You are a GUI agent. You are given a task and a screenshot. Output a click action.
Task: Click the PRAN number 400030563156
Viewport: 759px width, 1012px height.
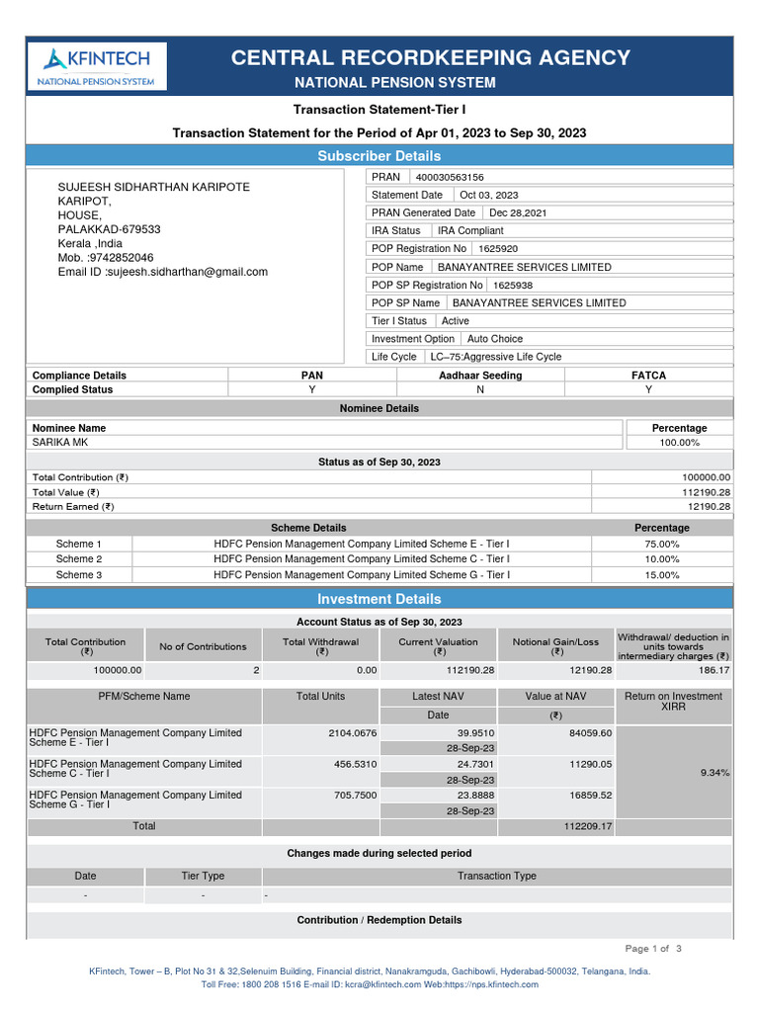tap(450, 177)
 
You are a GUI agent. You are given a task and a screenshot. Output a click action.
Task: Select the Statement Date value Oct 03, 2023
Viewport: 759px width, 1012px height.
tap(488, 195)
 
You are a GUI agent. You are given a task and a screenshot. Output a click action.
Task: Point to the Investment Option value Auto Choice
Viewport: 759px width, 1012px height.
tap(495, 339)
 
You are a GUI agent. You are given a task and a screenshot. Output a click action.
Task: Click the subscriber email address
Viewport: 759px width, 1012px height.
tap(163, 272)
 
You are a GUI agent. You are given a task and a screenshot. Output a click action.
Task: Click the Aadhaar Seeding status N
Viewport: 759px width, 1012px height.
tap(480, 389)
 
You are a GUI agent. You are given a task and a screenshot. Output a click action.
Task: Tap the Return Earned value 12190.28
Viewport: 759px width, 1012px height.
tap(709, 506)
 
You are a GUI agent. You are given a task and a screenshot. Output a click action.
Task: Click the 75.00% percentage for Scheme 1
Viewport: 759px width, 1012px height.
tap(661, 544)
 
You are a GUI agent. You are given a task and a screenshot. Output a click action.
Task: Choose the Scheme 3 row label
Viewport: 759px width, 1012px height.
tap(78, 574)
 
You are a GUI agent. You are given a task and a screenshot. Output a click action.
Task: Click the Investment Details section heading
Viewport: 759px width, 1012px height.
tap(379, 599)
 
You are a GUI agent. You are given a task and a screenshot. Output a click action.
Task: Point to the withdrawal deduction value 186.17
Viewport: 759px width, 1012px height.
tap(712, 670)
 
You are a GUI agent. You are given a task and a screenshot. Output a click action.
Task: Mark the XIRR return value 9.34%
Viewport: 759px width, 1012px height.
tap(714, 772)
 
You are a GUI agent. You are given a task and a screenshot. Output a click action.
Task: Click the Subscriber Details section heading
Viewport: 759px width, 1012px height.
tap(379, 156)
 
